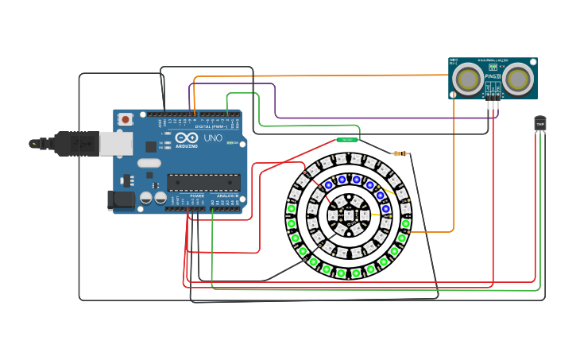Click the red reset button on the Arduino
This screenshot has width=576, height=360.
(126, 119)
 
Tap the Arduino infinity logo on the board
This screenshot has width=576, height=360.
(151, 146)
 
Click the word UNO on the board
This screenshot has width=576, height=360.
(213, 138)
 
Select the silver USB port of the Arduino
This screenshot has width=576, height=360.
(115, 144)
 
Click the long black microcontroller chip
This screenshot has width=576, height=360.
(203, 183)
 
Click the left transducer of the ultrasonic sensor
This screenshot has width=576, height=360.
(469, 79)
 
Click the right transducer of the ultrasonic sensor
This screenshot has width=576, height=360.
(519, 79)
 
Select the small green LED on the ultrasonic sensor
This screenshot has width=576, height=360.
(494, 68)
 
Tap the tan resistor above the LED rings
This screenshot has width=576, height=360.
(400, 153)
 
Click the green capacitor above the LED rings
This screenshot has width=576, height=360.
(347, 140)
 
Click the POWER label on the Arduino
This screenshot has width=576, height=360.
(196, 195)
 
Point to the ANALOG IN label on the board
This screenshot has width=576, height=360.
(227, 195)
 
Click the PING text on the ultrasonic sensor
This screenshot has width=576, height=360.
(493, 76)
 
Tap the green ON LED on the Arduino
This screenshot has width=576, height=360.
(230, 143)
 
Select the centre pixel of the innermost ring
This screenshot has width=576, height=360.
(350, 215)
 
